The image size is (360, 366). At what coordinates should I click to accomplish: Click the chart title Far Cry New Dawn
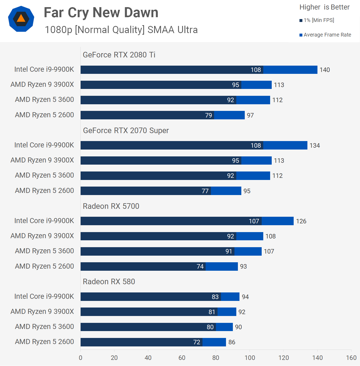point(101,13)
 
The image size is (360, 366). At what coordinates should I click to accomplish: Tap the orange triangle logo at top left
point(21,19)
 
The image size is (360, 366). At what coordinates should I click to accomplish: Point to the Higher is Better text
point(324,7)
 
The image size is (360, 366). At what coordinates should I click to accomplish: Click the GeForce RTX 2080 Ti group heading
point(119,55)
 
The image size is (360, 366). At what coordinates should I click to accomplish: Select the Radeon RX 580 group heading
point(109,282)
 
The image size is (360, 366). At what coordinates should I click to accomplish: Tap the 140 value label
point(325,70)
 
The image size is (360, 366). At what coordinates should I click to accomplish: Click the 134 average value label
point(315,146)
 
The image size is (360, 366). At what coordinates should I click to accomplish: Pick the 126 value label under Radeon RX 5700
point(301,221)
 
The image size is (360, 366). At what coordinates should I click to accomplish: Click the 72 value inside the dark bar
point(197,342)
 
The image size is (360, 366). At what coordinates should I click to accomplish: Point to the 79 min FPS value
point(209,115)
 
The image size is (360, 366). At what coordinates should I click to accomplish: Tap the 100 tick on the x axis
point(250,358)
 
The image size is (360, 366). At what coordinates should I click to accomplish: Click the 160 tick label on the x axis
point(351,358)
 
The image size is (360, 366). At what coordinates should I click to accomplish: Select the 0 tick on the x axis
point(81,358)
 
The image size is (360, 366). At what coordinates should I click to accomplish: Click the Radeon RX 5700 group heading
point(111,206)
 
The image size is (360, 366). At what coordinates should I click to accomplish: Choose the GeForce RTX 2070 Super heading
point(126,130)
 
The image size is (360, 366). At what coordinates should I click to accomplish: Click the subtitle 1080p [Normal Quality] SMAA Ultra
point(121,30)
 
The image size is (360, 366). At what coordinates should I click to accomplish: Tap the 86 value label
point(232,342)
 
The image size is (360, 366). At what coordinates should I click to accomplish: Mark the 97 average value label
point(250,115)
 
